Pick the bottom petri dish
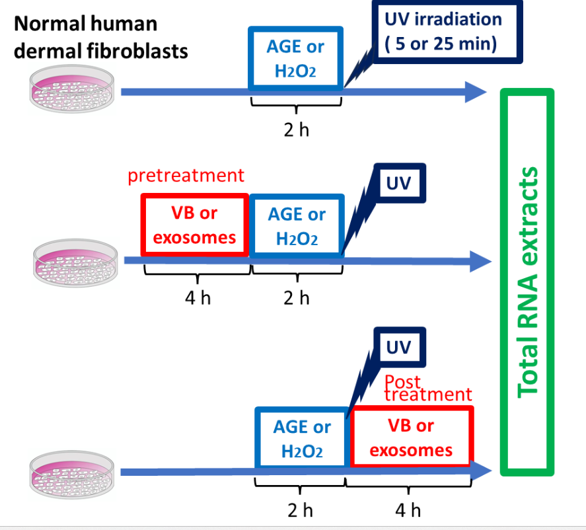point(73,470)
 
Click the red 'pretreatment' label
point(186,176)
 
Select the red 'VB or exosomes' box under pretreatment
point(194,225)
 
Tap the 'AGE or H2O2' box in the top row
point(296,57)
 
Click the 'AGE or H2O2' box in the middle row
point(297,225)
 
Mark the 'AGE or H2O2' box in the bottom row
point(301,438)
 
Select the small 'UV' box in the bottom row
point(398,347)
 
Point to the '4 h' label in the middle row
point(198,298)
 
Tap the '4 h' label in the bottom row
point(408,510)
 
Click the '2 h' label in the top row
point(296,130)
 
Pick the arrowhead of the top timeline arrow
point(476,92)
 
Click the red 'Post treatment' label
point(427,389)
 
